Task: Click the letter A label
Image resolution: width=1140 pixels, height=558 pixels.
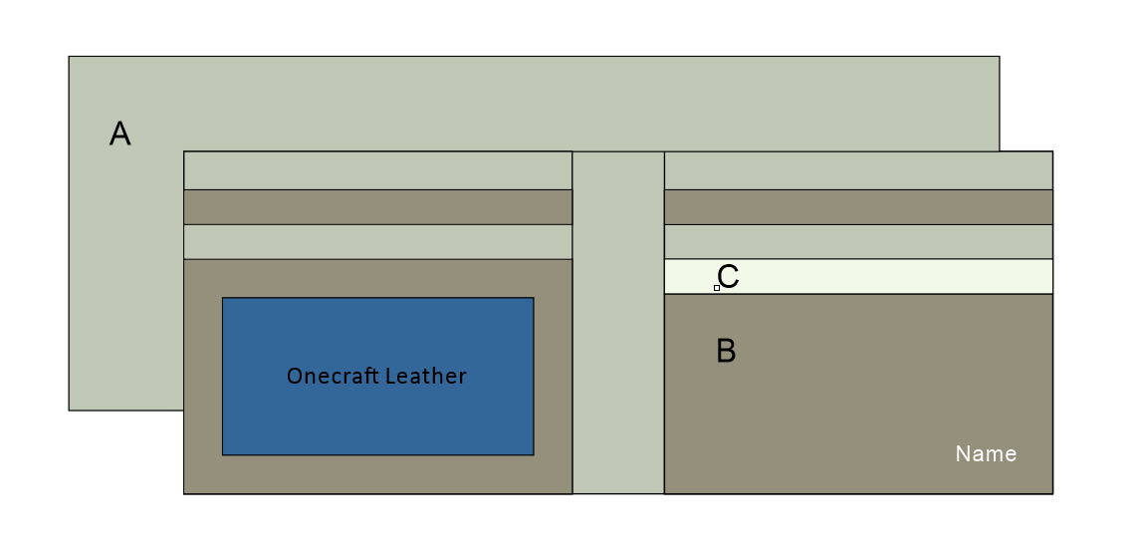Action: click(x=119, y=134)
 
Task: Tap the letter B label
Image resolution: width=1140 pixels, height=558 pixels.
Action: click(x=726, y=351)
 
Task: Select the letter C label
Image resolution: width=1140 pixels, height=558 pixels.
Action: click(x=728, y=277)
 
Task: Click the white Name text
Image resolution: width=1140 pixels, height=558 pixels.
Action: click(x=986, y=454)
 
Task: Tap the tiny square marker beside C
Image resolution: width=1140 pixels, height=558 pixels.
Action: click(x=716, y=288)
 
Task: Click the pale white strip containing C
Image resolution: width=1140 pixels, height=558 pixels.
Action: click(x=876, y=276)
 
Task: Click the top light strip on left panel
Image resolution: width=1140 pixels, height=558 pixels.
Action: click(x=377, y=170)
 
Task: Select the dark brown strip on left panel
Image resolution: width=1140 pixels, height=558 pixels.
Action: click(x=377, y=207)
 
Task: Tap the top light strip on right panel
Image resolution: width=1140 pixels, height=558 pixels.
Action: click(x=858, y=170)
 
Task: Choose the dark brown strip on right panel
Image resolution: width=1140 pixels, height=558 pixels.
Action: click(x=858, y=207)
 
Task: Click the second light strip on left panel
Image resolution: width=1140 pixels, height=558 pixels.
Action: click(x=377, y=242)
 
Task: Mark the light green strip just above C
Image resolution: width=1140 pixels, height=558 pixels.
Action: click(x=858, y=242)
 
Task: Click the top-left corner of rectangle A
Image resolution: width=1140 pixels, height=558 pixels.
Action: click(x=69, y=57)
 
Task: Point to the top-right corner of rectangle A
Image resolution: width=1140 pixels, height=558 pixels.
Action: click(x=999, y=57)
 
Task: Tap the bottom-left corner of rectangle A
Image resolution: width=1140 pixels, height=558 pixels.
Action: click(x=69, y=410)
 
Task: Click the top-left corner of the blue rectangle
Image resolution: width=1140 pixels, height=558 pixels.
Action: click(x=222, y=298)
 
